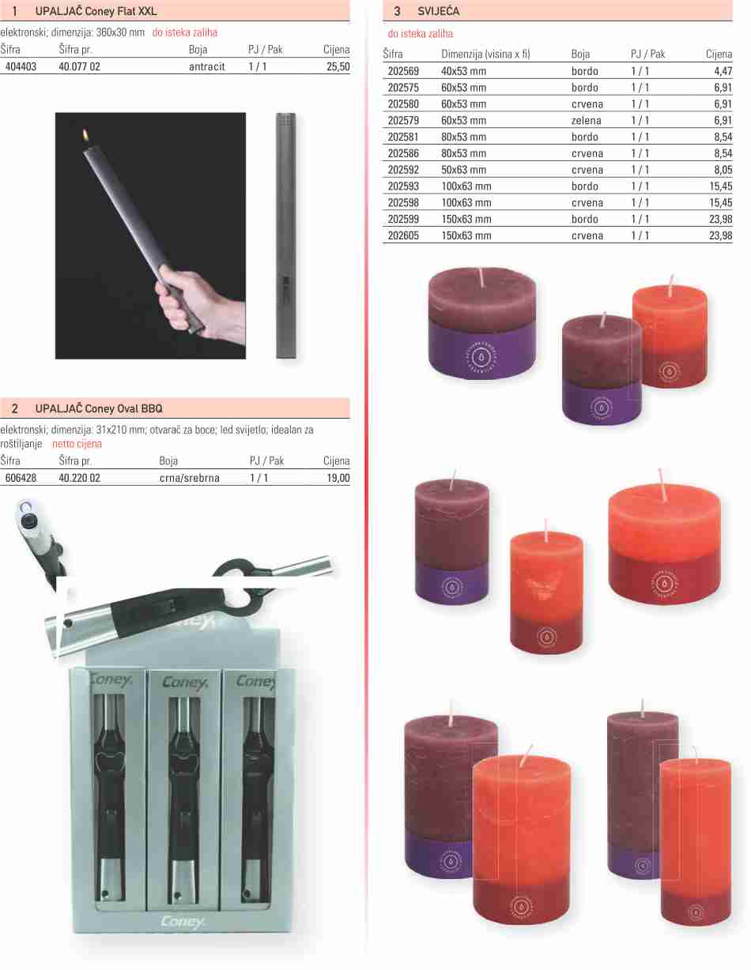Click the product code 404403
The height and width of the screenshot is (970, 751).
coord(21,67)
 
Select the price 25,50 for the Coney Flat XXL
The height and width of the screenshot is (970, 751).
coord(338,67)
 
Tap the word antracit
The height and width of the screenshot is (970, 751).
coord(207,67)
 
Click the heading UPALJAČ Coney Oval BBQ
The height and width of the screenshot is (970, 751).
coord(99,408)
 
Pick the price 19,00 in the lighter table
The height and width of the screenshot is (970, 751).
coord(338,478)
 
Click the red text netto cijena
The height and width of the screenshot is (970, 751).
coord(77,444)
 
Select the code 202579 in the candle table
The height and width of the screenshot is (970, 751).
coord(403,121)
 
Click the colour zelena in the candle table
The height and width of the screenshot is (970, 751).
coord(586,121)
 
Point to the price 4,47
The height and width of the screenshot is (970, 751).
coord(723,71)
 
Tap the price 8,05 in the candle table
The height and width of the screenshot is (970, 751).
coord(723,170)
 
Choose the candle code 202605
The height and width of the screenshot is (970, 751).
coord(403,235)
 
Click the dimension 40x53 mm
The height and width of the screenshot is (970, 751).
coord(463,71)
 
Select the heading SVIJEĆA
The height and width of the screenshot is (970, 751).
coord(438,11)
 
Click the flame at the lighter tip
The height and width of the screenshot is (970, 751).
coord(85,135)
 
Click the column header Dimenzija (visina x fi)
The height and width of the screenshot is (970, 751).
coord(485,55)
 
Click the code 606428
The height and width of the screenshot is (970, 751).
coord(21,478)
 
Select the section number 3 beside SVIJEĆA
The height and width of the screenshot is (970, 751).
coord(397,11)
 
